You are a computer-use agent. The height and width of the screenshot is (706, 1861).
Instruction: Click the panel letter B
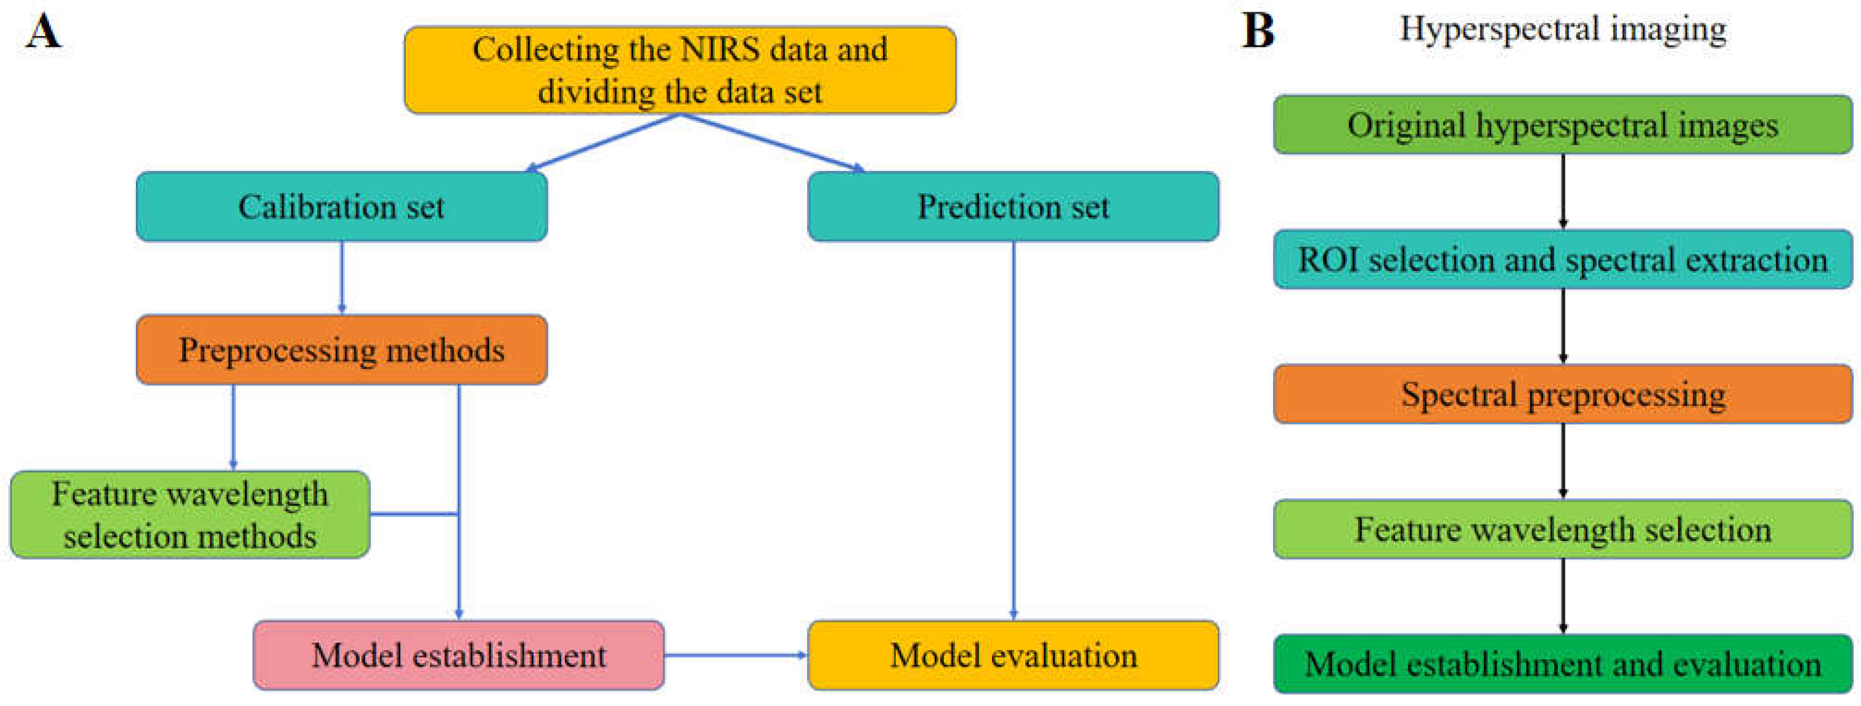1258,32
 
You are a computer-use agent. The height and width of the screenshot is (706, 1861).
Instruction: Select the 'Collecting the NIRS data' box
680,70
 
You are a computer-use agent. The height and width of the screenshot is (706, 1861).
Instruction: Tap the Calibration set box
341,206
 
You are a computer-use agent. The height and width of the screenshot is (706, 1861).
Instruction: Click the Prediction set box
1013,206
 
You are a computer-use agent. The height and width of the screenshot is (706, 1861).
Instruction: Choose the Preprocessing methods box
341,350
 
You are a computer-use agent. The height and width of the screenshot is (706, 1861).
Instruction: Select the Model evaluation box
1013,655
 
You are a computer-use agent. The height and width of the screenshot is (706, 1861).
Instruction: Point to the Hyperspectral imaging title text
1563,30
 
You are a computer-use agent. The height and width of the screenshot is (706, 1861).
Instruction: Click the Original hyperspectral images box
1563,125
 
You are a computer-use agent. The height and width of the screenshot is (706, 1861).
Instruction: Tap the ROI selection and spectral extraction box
1563,259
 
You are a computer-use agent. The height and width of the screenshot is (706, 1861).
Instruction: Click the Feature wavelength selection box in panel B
1563,529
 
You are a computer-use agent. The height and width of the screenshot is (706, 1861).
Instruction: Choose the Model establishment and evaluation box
1563,664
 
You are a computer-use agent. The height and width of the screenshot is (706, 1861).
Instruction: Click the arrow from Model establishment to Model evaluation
736,655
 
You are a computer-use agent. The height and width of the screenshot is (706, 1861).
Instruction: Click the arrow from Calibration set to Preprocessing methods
342,277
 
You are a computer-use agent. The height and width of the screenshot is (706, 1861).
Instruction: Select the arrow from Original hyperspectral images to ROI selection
1563,191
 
